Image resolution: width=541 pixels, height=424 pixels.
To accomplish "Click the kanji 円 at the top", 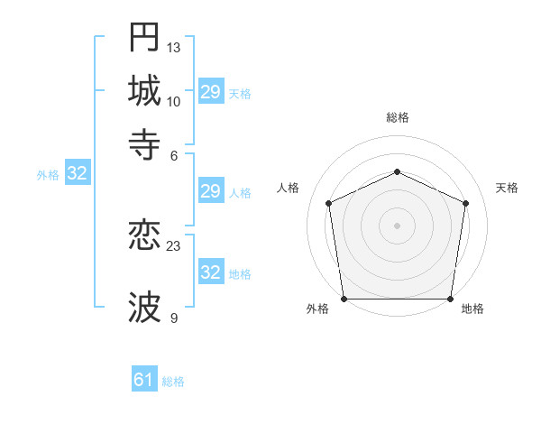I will point(144,37).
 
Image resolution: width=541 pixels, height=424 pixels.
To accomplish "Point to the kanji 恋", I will point(144,237).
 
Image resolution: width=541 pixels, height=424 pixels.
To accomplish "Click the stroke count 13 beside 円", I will point(174,47).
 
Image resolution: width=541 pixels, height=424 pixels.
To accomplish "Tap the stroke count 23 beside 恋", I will point(174,245).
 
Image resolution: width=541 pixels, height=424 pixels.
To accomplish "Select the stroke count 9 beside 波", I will point(174,318).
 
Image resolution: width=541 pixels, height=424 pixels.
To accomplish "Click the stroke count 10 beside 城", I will point(174,101).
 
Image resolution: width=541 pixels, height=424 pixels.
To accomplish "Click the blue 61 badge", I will point(144,381).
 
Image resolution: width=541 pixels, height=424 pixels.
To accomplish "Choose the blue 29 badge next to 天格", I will point(211,92).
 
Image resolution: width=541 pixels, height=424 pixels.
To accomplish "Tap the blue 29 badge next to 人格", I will point(211,191).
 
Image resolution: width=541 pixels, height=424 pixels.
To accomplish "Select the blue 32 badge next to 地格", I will point(211,272).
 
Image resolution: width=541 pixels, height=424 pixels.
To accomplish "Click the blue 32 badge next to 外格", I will point(78,174).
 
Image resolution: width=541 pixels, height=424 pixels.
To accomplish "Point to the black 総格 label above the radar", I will point(398,117).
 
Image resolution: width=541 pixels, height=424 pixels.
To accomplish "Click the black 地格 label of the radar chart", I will point(472,309).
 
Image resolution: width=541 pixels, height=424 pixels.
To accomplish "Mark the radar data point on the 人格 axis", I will point(329,203).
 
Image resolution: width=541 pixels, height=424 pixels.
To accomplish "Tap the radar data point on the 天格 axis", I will point(466,203).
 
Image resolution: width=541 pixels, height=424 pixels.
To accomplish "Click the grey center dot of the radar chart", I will point(398,225).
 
